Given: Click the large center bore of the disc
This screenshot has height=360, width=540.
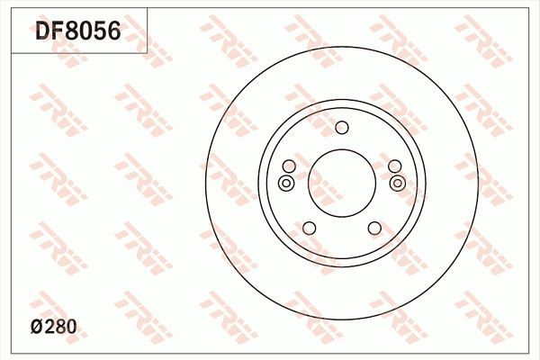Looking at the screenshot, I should [341, 180].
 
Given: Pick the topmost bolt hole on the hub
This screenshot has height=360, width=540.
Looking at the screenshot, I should [341, 128].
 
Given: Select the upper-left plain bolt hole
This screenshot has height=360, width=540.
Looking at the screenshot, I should [289, 166].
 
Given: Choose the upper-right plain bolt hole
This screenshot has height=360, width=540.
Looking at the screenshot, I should [393, 166].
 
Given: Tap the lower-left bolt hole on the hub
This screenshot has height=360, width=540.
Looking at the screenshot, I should [309, 228].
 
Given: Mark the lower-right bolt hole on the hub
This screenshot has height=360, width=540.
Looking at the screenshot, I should [373, 228].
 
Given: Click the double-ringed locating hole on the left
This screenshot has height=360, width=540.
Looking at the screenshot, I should [286, 184].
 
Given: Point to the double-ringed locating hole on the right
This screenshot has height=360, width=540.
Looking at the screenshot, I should [397, 184].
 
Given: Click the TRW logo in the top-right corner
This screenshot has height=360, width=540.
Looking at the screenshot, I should [477, 36].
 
